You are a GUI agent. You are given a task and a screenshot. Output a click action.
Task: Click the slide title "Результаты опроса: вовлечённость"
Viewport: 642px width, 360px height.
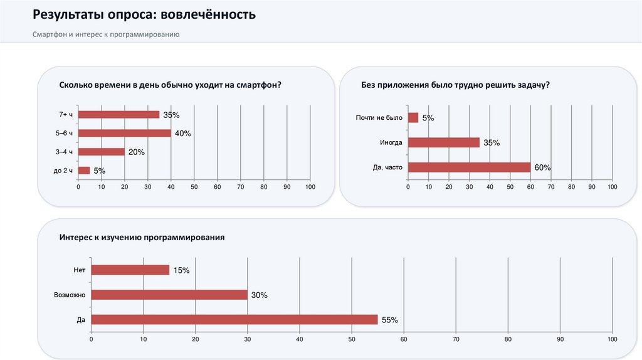point(144,14)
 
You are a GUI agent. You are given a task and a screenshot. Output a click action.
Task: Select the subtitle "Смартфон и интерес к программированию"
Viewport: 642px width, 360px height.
point(107,34)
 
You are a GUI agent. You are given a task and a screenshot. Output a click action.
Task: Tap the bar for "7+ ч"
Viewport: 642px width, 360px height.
point(118,114)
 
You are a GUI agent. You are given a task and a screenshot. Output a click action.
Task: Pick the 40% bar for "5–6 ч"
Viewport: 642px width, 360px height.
point(124,133)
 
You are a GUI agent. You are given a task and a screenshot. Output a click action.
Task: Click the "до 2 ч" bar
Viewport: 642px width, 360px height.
point(84,170)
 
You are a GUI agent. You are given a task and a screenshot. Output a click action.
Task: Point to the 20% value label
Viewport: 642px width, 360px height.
point(137,152)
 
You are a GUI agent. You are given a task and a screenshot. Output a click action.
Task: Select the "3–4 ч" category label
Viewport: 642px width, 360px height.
point(65,152)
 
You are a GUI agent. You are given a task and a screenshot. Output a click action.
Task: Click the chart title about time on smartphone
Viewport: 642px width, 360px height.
point(170,85)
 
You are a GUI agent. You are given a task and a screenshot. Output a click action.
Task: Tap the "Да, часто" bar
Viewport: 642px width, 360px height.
point(469,167)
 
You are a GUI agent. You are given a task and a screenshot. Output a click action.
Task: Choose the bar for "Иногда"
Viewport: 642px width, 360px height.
point(443,142)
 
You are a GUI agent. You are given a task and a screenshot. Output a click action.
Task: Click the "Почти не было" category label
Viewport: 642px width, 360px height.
point(378,117)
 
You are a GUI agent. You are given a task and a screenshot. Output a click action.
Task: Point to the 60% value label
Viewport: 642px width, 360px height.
point(542,167)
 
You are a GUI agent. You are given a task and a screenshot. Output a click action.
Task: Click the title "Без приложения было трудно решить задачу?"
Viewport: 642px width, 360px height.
point(455,85)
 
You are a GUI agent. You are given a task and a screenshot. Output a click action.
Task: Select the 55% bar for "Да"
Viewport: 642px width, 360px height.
point(234,319)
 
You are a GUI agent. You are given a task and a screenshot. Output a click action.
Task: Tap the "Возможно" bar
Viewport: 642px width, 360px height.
point(169,294)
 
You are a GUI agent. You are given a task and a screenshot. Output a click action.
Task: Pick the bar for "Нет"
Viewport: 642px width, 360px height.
point(130,270)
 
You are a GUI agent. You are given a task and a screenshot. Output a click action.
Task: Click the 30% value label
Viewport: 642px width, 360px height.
point(260,295)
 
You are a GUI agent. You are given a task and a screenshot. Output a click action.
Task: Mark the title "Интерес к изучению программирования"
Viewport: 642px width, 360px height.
point(142,238)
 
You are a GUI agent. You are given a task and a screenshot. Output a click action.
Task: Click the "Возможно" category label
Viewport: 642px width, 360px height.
point(70,294)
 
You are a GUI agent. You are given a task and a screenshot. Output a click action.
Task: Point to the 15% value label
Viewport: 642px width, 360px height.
point(181,270)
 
